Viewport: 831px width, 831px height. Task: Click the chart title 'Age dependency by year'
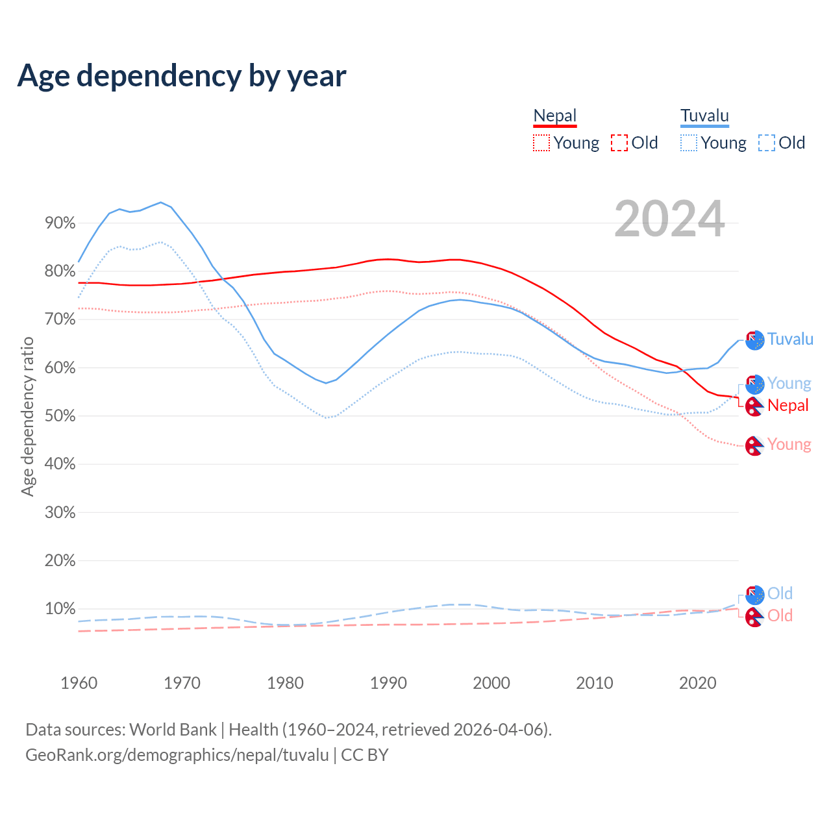[x=182, y=76]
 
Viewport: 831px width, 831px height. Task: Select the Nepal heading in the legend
[x=554, y=116]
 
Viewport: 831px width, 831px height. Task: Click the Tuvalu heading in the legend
[x=704, y=116]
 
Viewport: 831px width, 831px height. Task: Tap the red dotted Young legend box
[x=541, y=143]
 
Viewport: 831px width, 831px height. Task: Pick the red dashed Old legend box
[x=619, y=143]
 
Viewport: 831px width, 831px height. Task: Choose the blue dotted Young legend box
[x=689, y=143]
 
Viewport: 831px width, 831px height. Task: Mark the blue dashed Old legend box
[x=766, y=143]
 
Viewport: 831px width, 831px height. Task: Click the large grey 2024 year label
[x=669, y=219]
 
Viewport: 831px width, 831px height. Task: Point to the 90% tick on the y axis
[x=60, y=223]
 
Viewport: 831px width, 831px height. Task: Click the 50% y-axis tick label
[x=60, y=416]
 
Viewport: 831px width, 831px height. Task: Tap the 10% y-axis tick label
[x=60, y=609]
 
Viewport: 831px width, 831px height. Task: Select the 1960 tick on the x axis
[x=79, y=683]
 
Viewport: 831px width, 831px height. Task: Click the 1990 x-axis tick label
[x=388, y=683]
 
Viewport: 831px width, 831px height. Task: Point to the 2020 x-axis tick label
[x=697, y=683]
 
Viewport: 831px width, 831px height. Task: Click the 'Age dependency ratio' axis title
[x=27, y=416]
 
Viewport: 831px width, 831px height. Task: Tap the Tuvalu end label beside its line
[x=790, y=339]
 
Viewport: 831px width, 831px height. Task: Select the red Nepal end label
[x=788, y=405]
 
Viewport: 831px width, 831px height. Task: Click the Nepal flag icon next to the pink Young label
[x=754, y=446]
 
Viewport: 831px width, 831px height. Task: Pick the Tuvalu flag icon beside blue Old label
[x=754, y=594]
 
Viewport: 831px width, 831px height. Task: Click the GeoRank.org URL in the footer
[x=177, y=755]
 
